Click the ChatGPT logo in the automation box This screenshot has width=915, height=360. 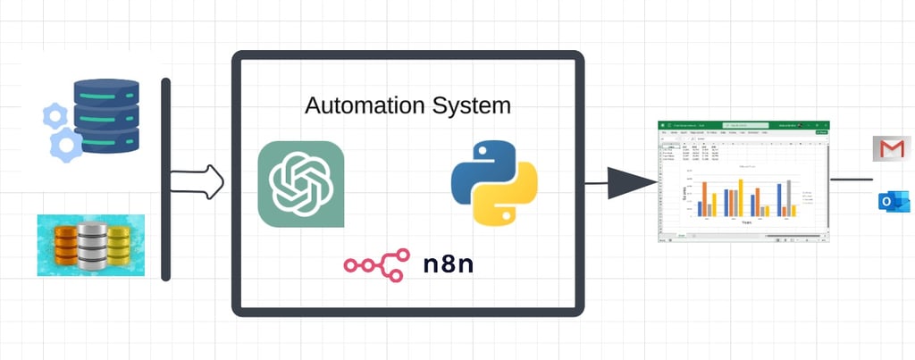(300, 184)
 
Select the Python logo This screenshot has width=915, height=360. (494, 181)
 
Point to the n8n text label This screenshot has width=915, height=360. (449, 264)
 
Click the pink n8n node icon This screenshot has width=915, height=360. (376, 264)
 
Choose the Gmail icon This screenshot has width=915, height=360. (891, 148)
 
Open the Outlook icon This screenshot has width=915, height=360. (893, 203)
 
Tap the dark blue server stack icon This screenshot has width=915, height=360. (106, 115)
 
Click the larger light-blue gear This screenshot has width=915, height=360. (66, 144)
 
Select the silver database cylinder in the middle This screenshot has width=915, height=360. (92, 246)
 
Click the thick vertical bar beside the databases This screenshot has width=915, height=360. (165, 179)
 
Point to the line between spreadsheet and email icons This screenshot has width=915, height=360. (851, 179)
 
